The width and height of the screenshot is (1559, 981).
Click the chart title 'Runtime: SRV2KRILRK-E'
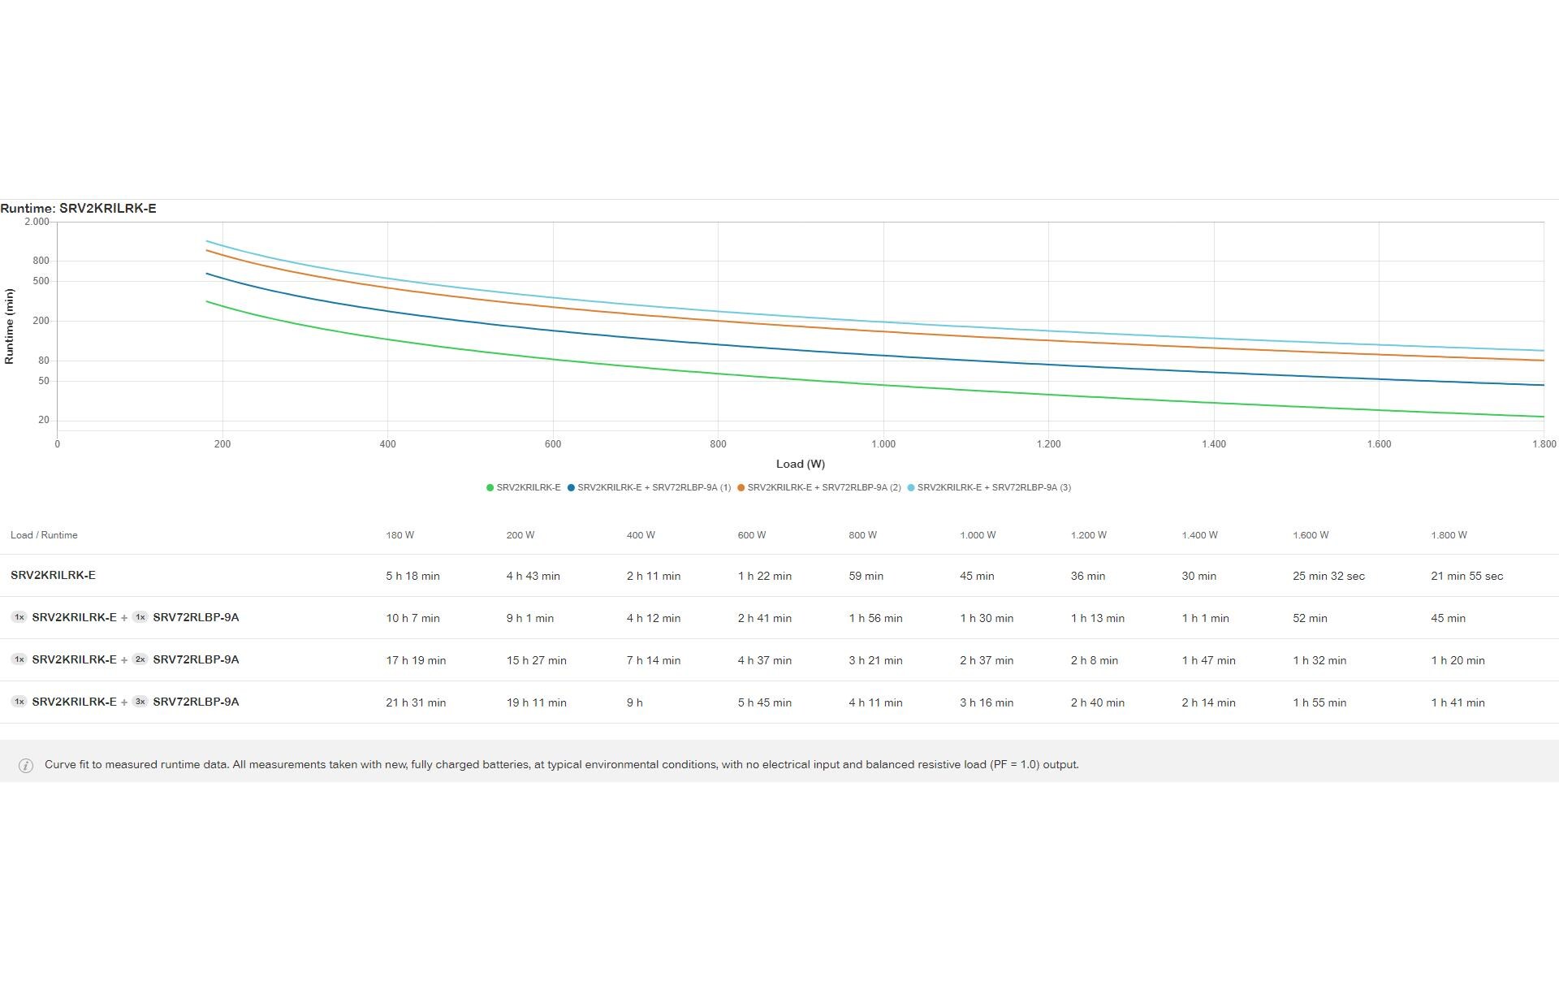[79, 209]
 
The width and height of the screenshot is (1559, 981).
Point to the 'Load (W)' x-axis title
[800, 464]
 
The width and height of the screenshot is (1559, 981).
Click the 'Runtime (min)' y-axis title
[10, 326]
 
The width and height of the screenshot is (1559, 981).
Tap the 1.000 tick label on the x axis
[883, 444]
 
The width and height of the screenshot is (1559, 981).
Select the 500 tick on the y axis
[41, 281]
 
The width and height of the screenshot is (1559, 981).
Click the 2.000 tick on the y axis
[37, 222]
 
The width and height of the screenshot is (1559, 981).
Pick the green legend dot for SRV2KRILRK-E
[490, 488]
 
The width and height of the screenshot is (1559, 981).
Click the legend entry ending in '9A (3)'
[993, 488]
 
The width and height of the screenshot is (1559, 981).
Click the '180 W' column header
[399, 535]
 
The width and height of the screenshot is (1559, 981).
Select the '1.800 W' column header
[1449, 535]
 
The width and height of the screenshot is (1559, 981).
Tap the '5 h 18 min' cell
[412, 576]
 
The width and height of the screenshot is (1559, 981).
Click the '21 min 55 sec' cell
[1466, 576]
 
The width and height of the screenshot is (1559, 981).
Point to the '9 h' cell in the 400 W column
[634, 702]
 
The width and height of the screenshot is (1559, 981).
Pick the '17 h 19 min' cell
[416, 660]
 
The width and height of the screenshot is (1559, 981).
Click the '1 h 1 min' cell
[1205, 618]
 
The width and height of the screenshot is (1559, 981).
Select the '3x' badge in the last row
[140, 702]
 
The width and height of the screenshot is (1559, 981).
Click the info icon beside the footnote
[26, 765]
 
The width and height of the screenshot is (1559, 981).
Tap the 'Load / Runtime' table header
[44, 535]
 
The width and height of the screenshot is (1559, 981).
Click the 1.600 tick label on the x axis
[1378, 444]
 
